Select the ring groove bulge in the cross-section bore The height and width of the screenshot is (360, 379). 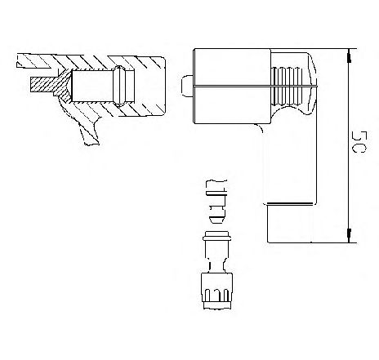(x=121, y=82)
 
